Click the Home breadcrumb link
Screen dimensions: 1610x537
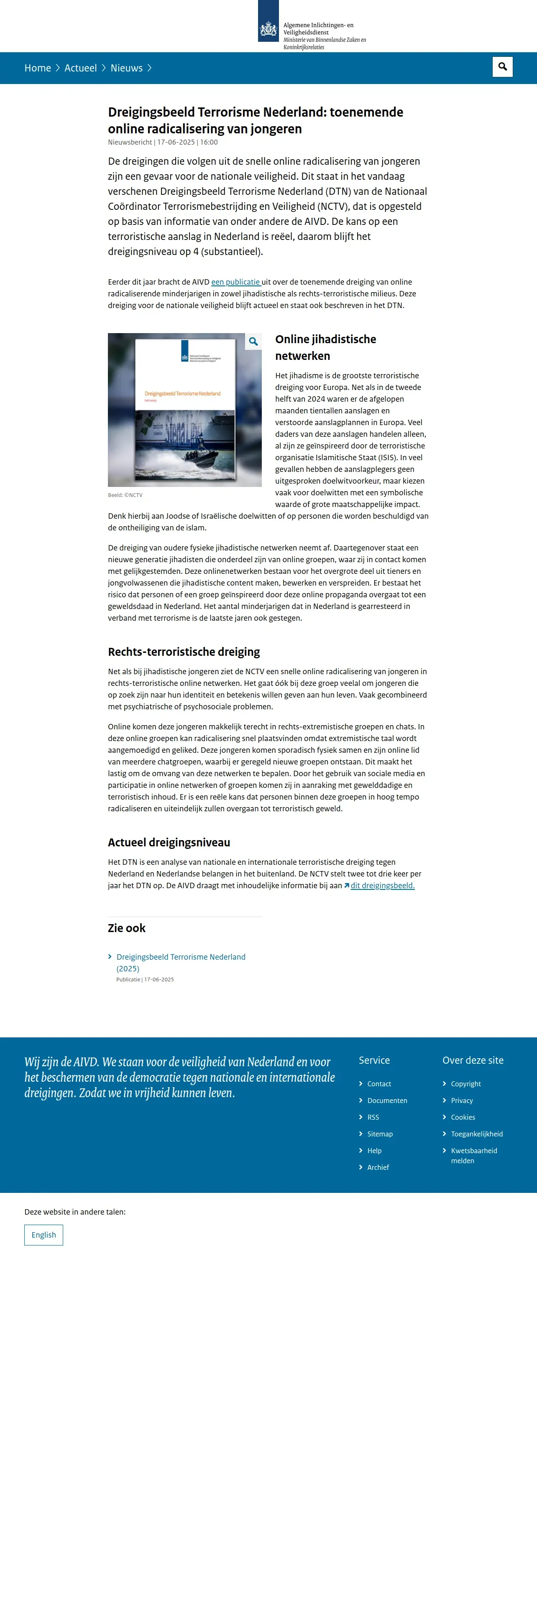tap(38, 68)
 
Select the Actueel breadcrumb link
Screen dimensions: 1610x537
tap(81, 68)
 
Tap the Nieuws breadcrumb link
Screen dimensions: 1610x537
tap(126, 68)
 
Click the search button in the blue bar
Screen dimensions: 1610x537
tap(502, 67)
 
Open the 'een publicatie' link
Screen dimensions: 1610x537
tap(236, 282)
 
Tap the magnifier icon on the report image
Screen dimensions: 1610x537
tap(253, 341)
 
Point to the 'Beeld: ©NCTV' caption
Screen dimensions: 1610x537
tap(125, 495)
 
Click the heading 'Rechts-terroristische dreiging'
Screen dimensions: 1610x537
tap(184, 652)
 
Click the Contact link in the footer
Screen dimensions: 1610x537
tap(379, 1084)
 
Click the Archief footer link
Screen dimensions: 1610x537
tap(378, 1167)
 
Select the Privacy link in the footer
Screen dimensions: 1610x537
tap(462, 1101)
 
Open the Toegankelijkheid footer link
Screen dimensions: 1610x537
tap(476, 1134)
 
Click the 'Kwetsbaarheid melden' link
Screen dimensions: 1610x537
tap(474, 1156)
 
